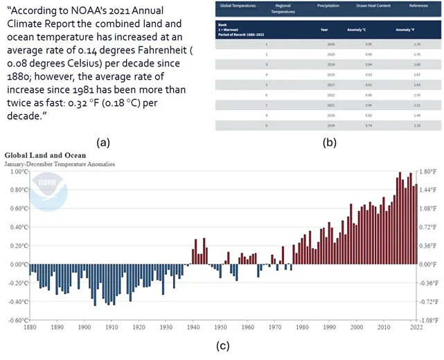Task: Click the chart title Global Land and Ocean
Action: pyautogui.click(x=45, y=156)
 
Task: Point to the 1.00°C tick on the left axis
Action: pyautogui.click(x=17, y=171)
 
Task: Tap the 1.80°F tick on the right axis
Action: pyautogui.click(x=427, y=171)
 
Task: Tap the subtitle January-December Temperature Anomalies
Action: pyautogui.click(x=60, y=164)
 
